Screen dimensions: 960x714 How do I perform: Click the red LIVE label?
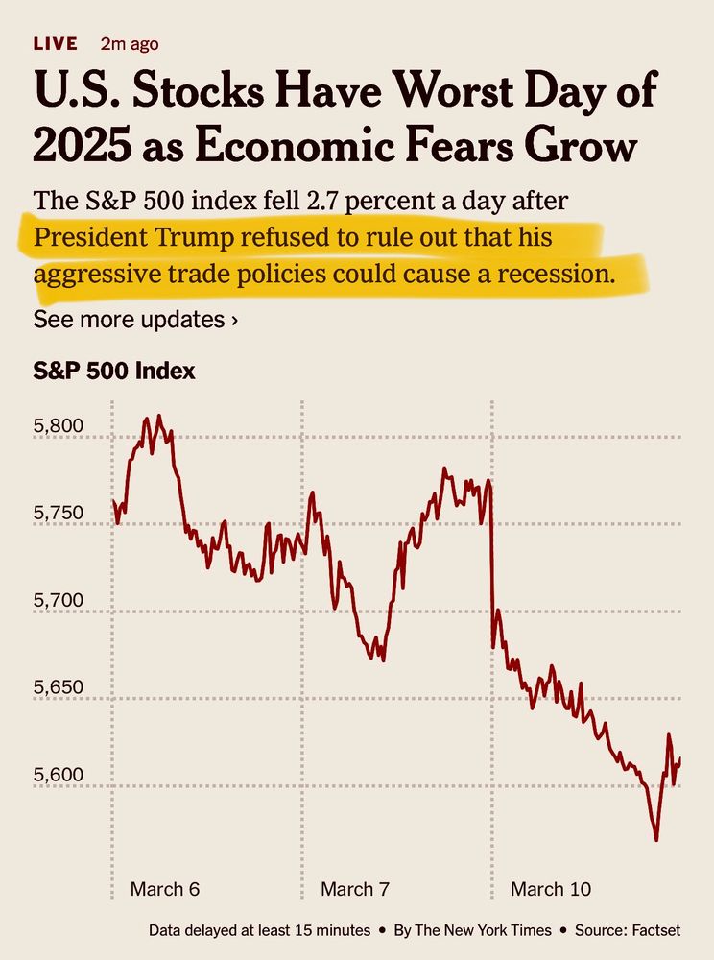point(55,44)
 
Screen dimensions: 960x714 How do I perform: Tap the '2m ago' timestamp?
point(130,44)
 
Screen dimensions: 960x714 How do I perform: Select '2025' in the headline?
point(83,147)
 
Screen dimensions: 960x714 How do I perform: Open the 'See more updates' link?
point(135,319)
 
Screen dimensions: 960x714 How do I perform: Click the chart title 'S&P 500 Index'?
point(114,371)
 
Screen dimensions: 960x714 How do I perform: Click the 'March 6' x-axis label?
point(164,889)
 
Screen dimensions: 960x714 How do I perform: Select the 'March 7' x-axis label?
point(355,889)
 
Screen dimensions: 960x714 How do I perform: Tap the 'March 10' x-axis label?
point(551,889)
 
